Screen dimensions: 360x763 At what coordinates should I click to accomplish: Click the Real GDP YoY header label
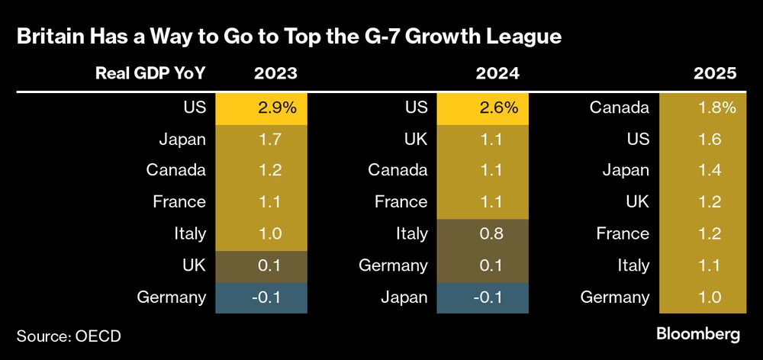point(150,74)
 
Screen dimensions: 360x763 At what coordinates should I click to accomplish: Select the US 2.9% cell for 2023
point(261,108)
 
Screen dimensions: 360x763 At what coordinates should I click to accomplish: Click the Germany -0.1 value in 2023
point(261,297)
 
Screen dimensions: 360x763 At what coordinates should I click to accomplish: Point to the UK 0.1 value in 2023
point(261,265)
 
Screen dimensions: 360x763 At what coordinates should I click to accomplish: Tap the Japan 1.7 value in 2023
point(261,139)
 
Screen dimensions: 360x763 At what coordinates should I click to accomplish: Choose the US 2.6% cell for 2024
point(482,108)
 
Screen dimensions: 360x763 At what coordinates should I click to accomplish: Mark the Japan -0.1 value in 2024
point(482,297)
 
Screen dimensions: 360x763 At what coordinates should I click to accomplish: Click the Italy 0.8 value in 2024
point(482,234)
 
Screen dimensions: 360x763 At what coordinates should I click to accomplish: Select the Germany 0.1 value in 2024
point(482,265)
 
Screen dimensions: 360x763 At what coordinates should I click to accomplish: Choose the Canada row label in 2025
point(619,108)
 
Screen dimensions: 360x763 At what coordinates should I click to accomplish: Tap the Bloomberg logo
point(698,334)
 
